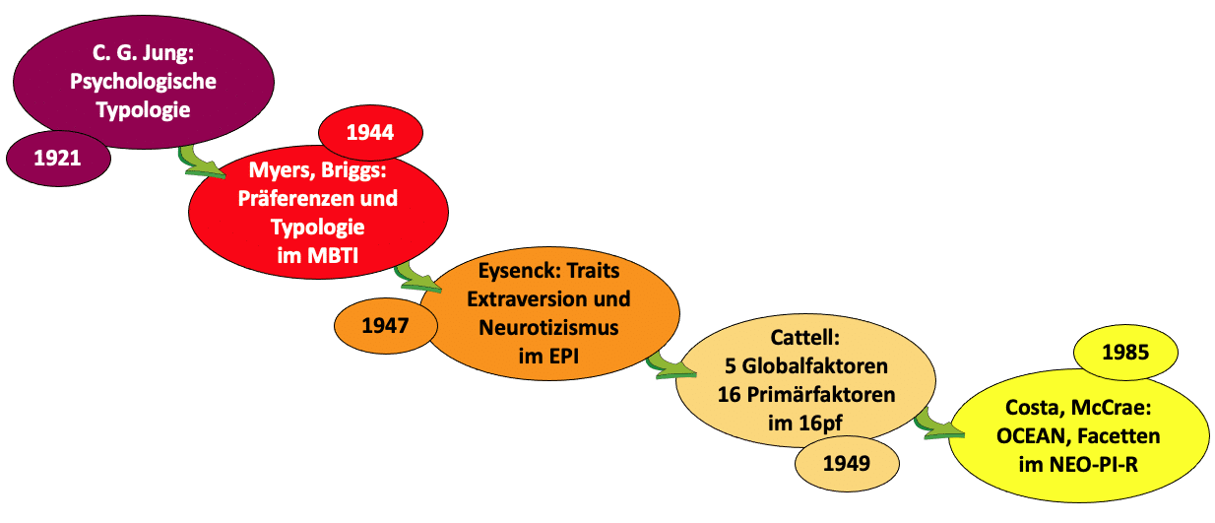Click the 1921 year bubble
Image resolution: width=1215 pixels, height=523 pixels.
pos(57,158)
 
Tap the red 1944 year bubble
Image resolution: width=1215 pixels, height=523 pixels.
pos(370,131)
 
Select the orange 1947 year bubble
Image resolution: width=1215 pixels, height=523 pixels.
pos(385,325)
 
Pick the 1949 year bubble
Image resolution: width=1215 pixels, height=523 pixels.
pos(847,461)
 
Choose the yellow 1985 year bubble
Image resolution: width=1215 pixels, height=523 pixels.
pos(1125,352)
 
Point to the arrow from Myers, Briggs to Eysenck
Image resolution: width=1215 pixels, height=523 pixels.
pos(414,278)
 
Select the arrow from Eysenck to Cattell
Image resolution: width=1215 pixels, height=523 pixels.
pos(666,366)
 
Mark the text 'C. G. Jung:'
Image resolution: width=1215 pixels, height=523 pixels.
pos(143,55)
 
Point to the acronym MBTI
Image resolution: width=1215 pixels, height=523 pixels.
pos(336,256)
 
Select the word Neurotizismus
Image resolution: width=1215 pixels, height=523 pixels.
pos(549,328)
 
